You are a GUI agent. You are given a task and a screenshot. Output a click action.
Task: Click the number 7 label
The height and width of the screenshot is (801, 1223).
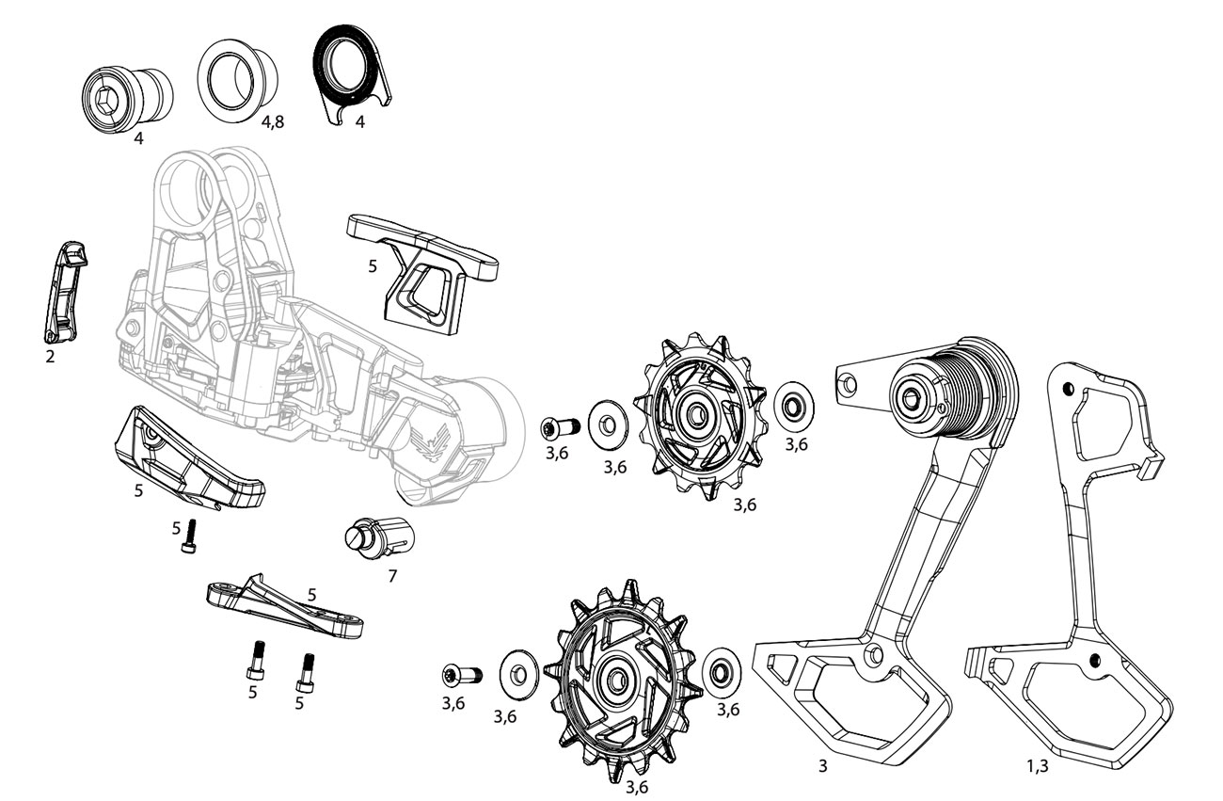point(392,576)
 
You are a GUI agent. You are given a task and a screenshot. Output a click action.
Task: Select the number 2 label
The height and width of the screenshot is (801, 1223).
point(51,357)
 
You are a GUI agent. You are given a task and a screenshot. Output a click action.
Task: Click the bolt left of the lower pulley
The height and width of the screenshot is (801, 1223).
point(461,674)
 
